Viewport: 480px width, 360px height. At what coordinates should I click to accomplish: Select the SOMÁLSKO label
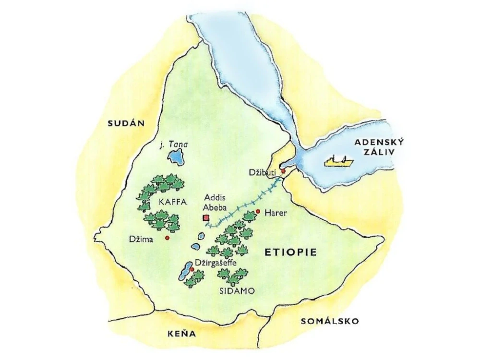point(329,321)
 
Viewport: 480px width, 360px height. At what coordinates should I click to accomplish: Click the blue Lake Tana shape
point(175,156)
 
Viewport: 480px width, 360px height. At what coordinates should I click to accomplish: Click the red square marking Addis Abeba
point(206,218)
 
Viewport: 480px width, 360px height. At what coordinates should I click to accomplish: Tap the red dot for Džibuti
point(284,171)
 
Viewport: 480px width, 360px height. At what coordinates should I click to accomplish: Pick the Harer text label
point(276,212)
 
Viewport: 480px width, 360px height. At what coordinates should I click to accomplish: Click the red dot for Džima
point(167,238)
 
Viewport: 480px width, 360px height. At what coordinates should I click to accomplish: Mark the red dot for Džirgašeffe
point(192,270)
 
